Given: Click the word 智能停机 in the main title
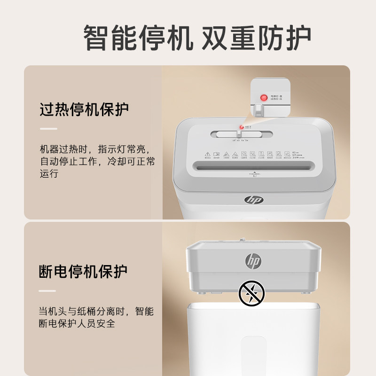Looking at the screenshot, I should coord(138,38).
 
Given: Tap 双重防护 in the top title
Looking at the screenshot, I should coord(256,38).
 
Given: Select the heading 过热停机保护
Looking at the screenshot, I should coord(84,110).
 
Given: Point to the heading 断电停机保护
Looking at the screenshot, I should coord(83,272).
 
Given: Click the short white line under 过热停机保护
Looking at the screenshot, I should coord(48,129).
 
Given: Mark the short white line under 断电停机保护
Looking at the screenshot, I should coord(48,290).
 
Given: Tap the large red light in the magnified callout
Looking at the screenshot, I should coord(264,98).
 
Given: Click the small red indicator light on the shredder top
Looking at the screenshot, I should coord(242,126).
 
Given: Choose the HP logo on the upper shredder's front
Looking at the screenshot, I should coord(254,199).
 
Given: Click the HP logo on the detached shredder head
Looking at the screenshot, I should coord(253,261).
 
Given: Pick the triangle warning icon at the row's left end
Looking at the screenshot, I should coord(207,154).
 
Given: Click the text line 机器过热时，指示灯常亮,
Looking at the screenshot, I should coord(94,149).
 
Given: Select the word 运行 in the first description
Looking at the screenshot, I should coord(49,174).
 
